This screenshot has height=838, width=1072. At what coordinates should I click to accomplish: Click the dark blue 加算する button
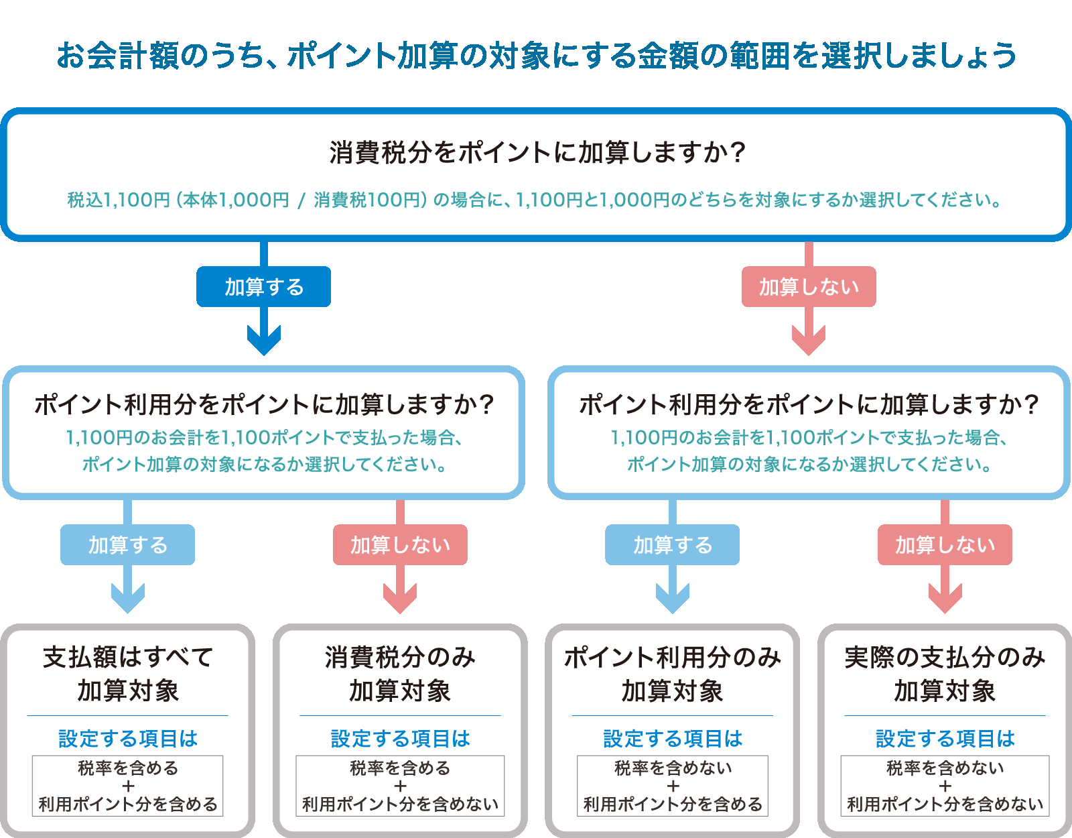263,287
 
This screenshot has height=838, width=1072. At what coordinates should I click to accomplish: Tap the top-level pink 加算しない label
809,287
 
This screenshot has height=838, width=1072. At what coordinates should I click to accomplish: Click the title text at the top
536,55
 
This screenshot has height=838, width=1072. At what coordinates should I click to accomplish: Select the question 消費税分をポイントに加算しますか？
536,153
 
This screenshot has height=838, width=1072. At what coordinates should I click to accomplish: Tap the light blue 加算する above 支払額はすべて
127,545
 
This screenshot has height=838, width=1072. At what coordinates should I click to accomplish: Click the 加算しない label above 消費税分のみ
400,545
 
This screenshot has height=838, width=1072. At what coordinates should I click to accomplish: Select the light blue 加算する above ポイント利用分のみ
672,545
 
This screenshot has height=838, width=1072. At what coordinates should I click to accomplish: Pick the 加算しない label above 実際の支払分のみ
945,545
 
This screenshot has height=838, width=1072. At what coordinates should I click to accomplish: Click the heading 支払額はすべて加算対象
127,674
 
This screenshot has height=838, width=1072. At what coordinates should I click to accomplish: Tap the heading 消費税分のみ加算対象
400,674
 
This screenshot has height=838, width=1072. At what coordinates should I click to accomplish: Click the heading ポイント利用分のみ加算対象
672,674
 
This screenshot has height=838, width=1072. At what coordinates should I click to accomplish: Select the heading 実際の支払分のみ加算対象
945,674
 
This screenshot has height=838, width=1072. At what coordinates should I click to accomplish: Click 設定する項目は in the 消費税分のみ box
400,739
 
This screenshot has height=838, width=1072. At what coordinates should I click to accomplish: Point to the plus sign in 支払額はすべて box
128,786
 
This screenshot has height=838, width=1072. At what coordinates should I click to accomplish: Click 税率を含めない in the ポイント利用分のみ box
673,768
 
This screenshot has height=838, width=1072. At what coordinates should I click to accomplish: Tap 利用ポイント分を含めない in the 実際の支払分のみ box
945,804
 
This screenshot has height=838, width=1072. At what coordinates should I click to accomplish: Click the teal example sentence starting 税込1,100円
535,200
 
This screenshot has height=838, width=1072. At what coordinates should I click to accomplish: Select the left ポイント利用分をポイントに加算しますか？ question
264,405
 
